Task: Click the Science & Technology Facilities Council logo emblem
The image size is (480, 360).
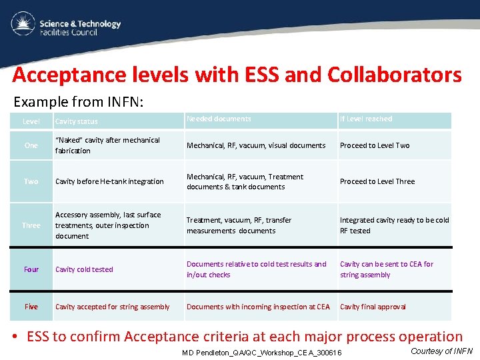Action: (x=23, y=25)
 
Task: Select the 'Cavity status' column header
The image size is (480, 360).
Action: (x=76, y=121)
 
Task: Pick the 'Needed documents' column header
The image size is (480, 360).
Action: (x=219, y=119)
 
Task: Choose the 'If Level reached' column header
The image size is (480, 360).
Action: (x=366, y=119)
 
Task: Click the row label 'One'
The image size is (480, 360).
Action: (x=31, y=145)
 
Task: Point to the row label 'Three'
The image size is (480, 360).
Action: (x=31, y=225)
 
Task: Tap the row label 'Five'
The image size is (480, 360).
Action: (x=31, y=307)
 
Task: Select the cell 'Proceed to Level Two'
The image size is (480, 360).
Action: (x=375, y=145)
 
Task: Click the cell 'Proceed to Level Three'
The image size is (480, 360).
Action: (x=377, y=181)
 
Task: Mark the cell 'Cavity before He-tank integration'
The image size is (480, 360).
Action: (x=109, y=181)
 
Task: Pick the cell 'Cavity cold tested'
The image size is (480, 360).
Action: (x=84, y=269)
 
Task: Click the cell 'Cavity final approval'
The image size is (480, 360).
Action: (x=373, y=307)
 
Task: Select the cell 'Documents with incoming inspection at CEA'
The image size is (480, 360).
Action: (x=258, y=307)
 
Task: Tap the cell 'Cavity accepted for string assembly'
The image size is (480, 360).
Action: (x=113, y=307)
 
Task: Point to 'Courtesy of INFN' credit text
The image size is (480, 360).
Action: (x=441, y=351)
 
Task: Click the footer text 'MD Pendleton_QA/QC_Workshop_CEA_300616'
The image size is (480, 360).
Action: (x=261, y=353)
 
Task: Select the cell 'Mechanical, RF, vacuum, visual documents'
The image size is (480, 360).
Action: (x=256, y=145)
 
